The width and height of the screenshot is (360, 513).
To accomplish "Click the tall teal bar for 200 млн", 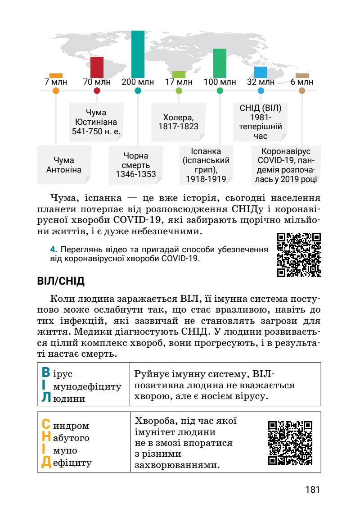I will tap(138, 54).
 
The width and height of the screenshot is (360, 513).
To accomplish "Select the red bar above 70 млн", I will tap(97, 67).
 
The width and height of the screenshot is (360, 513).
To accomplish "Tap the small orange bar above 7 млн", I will tap(56, 76).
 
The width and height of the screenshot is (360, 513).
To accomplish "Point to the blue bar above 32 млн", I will tap(261, 72).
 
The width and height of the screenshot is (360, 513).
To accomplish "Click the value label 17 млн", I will tap(179, 82).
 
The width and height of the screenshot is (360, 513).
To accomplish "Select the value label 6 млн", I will tap(302, 82).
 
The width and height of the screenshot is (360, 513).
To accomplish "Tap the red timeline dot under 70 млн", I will tap(97, 91).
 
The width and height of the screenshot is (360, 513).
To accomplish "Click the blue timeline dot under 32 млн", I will tap(261, 91).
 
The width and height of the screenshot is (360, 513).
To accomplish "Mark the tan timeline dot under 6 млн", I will tap(302, 91).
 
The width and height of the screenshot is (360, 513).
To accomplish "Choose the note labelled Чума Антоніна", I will tap(63, 165).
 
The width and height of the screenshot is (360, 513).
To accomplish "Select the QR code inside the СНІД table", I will tap(290, 442).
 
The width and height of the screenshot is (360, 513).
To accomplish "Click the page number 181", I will tap(312, 489).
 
